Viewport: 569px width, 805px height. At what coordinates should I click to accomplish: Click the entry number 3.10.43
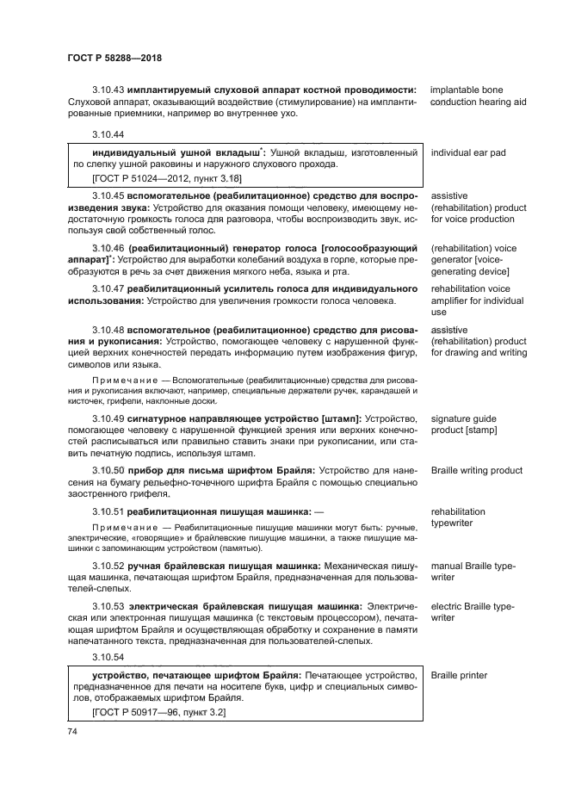(x=108, y=90)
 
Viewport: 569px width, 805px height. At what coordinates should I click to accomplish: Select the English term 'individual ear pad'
(x=467, y=152)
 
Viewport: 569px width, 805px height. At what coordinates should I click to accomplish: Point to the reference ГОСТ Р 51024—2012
(x=141, y=178)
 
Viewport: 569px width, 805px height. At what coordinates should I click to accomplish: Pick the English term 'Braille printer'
(x=459, y=675)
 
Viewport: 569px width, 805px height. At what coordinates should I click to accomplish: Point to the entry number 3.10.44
(x=108, y=134)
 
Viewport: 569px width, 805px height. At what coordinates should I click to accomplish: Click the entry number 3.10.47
(x=108, y=289)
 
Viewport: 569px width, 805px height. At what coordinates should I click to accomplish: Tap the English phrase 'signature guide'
(x=463, y=418)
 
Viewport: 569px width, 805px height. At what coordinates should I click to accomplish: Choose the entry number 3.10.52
(x=108, y=566)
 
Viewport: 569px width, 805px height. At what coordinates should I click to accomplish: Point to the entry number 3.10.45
(x=108, y=196)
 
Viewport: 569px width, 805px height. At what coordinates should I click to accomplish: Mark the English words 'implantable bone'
(x=467, y=90)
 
